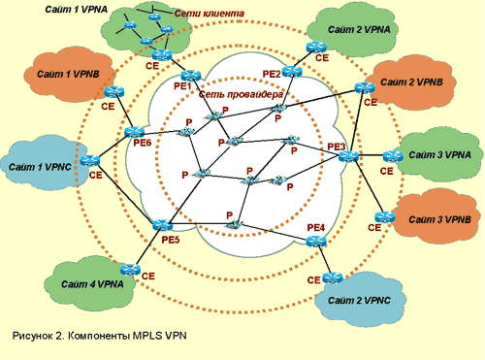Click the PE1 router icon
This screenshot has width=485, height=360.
(191, 76)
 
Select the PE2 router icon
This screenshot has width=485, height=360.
(292, 72)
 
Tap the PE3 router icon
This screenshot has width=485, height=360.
(348, 156)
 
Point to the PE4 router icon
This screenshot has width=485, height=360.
(316, 242)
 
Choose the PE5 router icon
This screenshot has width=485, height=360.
(162, 225)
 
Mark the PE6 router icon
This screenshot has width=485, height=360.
(134, 132)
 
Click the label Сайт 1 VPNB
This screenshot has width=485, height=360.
(68, 74)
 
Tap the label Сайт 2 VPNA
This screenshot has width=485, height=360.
(359, 30)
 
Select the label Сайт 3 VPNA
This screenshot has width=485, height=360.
(440, 155)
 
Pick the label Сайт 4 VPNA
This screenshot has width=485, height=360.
(92, 284)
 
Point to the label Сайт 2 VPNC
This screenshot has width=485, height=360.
(359, 301)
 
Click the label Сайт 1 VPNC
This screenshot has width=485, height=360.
(40, 167)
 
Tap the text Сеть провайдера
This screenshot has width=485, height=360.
(241, 94)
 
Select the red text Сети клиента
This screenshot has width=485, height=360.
(210, 14)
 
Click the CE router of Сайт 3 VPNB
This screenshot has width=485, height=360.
(385, 217)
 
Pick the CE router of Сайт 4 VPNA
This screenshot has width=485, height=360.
(130, 269)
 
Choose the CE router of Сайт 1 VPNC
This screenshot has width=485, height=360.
(89, 160)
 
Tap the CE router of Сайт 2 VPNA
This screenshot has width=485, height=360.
(316, 48)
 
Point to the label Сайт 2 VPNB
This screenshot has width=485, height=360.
(411, 82)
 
